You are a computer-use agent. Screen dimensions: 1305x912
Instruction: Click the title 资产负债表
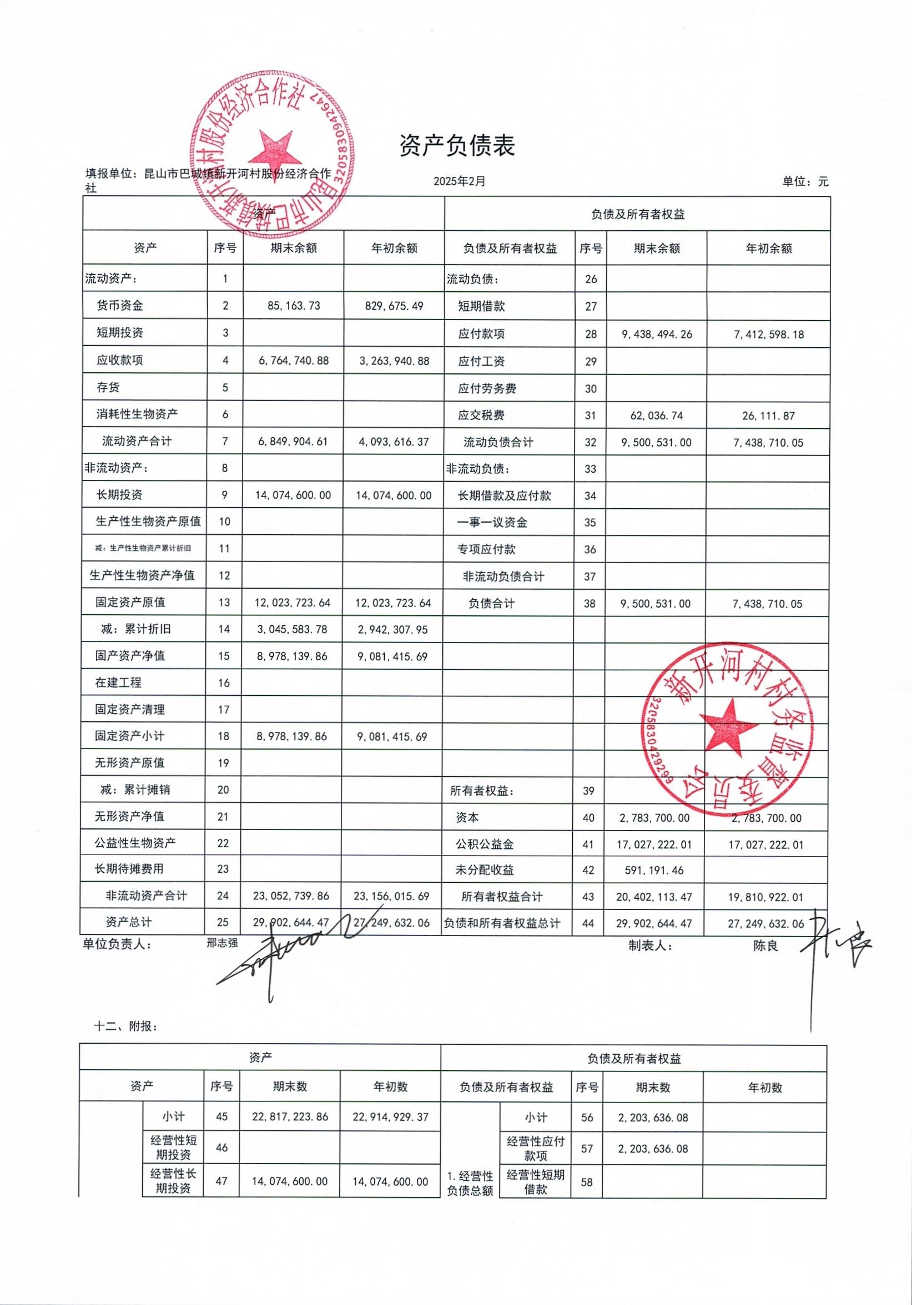point(457,146)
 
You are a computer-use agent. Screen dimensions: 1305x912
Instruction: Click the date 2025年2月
point(460,182)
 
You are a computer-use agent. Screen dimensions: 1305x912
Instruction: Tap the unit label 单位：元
point(805,182)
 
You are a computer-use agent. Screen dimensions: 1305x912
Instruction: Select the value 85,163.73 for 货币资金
point(294,306)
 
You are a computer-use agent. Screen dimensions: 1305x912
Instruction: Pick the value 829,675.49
point(394,306)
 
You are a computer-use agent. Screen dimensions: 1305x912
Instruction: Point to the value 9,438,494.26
point(657,334)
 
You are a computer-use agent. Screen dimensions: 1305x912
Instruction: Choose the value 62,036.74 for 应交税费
point(657,416)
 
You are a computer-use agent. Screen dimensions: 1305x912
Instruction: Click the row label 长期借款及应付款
point(505,495)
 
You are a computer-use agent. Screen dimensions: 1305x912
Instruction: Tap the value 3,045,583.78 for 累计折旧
point(293,630)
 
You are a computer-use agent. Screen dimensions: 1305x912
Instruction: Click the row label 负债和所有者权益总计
point(502,924)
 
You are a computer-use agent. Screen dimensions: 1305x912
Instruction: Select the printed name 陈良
point(765,946)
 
